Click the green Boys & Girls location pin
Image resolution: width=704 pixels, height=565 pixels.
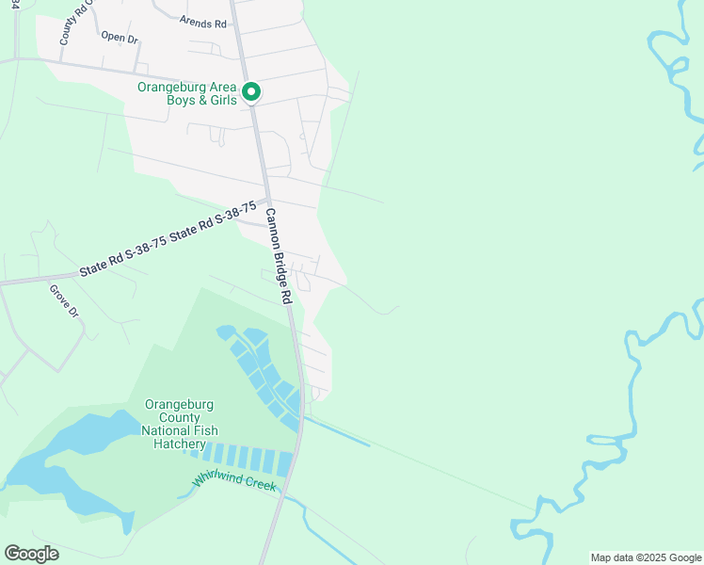251,92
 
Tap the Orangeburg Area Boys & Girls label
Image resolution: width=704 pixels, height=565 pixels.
187,93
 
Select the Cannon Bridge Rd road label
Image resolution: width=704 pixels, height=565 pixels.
280,254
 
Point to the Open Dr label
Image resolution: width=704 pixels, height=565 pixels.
120,38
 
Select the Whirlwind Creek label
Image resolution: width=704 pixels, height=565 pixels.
234,482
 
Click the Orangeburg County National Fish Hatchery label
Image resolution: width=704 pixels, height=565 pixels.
178,424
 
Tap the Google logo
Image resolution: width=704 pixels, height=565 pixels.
31,554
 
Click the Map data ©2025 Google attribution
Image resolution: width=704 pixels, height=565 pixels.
645,557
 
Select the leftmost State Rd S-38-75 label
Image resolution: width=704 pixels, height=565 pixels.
123,256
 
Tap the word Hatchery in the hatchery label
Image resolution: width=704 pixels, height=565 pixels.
178,444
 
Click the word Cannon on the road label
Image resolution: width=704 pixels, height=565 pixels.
273,227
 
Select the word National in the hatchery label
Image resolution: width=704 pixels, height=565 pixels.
179,430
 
